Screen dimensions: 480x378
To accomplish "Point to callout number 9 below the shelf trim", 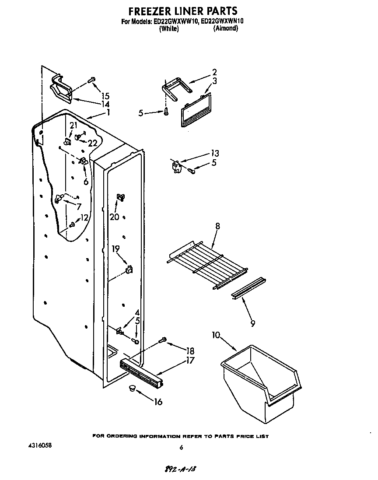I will (252, 324).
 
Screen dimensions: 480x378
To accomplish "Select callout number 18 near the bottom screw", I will (189, 350).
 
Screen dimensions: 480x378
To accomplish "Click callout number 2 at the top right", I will (214, 72).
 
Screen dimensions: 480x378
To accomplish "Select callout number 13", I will (215, 153).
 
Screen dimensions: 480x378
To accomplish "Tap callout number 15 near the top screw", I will (105, 96).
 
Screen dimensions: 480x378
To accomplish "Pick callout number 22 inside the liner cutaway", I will (92, 143).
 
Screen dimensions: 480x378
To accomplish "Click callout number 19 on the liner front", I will (115, 249).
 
